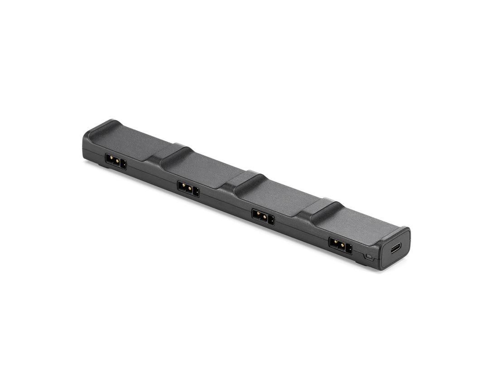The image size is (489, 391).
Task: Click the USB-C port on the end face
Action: pyautogui.click(x=396, y=248)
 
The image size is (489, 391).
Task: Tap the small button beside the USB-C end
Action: pyautogui.click(x=369, y=257)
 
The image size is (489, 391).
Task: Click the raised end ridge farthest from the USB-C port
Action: pyautogui.click(x=102, y=127)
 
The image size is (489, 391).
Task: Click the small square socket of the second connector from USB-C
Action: pyautogui.click(x=271, y=220)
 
